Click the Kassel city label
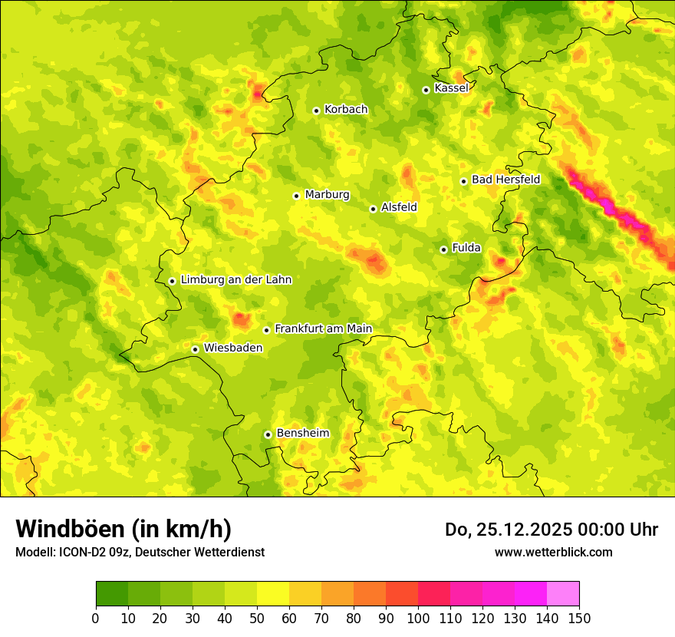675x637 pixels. [451, 88]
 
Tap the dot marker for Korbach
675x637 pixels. [316, 111]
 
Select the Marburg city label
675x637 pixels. [327, 195]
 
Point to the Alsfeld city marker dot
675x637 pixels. [373, 209]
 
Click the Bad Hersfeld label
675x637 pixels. [505, 180]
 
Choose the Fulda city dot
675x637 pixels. [443, 249]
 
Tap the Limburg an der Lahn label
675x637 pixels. [236, 280]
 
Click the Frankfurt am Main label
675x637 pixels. [323, 328]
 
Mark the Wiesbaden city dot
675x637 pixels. [196, 349]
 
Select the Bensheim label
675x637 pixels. [302, 433]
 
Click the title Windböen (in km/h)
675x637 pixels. [123, 529]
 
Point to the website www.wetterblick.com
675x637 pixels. [553, 552]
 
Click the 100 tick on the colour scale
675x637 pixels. [418, 618]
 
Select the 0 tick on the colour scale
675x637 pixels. [96, 618]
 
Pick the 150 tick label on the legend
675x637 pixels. [579, 618]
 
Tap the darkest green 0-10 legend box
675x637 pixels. [112, 594]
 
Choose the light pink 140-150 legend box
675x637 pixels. [563, 594]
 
